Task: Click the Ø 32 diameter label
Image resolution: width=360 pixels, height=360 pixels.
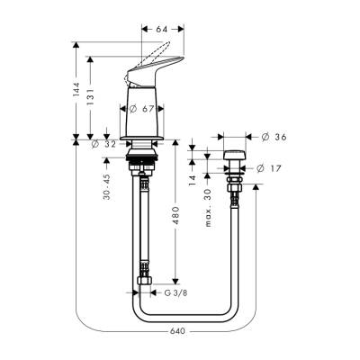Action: click(105, 144)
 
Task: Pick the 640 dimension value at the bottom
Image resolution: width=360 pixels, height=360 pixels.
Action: click(176, 330)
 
